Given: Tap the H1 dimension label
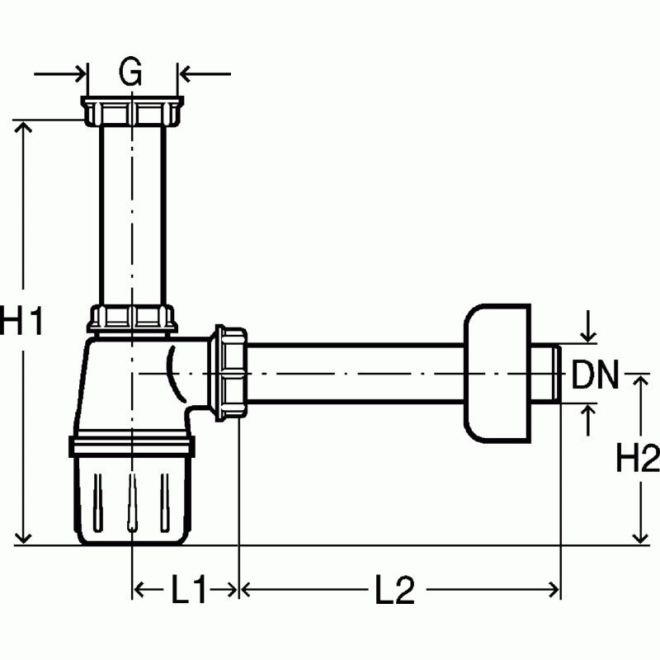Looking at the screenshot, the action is click(x=21, y=320).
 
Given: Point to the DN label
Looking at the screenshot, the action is click(x=595, y=374).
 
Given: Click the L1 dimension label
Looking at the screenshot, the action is click(x=188, y=589).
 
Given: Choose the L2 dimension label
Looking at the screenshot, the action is click(x=395, y=589).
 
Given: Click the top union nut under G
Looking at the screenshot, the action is click(x=132, y=111).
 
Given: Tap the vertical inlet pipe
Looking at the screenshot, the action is click(x=133, y=215).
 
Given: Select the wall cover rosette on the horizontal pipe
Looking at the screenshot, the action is click(x=497, y=374).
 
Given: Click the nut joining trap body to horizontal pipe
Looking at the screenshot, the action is click(x=228, y=373).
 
